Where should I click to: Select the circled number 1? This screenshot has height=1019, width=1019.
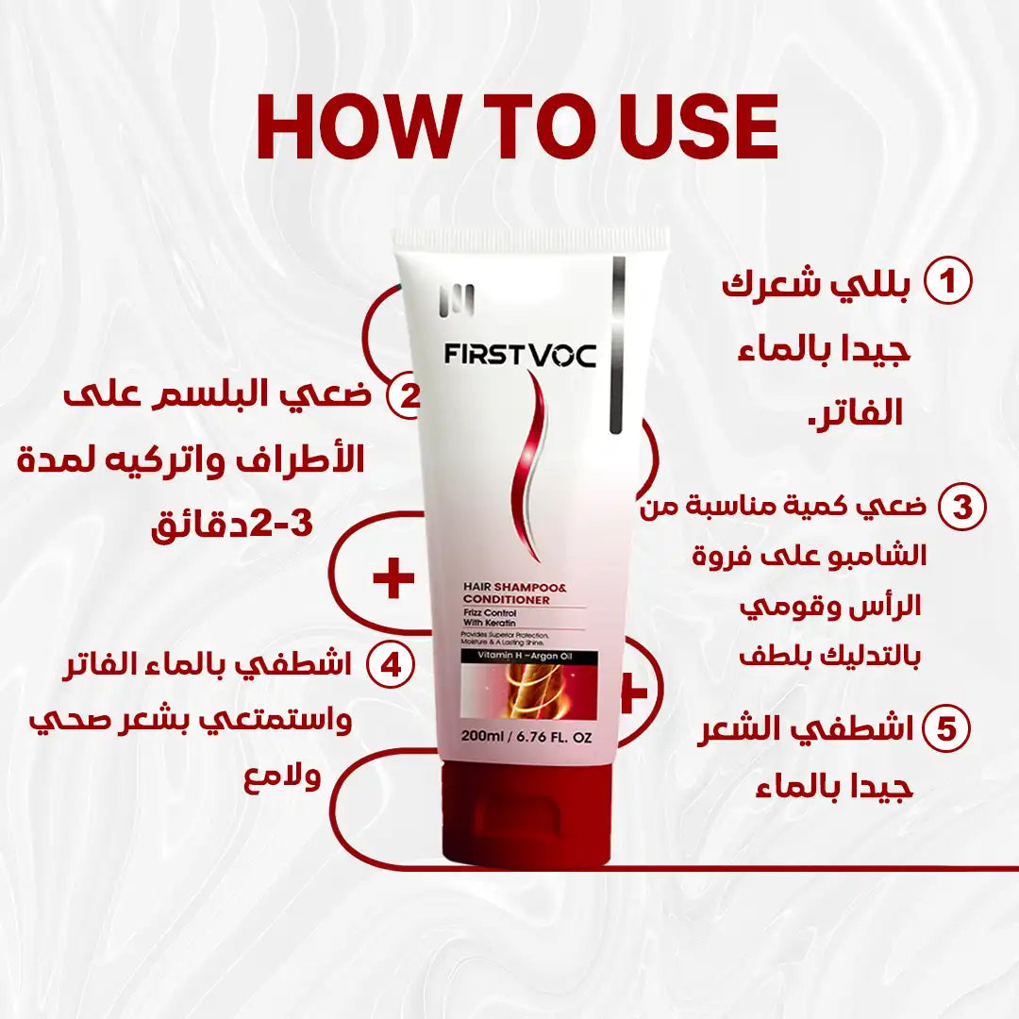[x=947, y=282]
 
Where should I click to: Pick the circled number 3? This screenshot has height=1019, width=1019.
[x=961, y=507]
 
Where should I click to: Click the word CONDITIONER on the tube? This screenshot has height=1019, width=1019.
[x=505, y=600]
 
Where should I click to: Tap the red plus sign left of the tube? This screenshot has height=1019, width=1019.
[x=393, y=578]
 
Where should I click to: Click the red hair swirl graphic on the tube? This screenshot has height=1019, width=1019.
[x=526, y=462]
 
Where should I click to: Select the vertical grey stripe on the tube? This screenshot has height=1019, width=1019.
[x=618, y=344]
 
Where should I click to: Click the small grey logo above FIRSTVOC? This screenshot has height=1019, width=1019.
[x=456, y=300]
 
